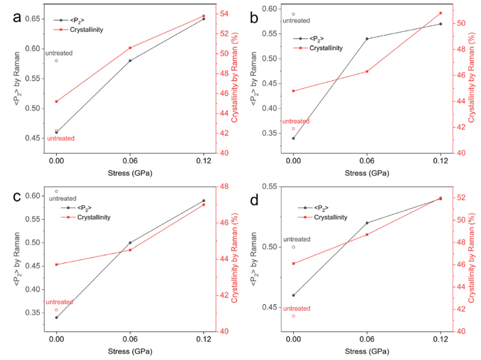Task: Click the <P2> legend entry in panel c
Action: click(85, 208)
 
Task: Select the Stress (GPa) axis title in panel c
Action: click(130, 351)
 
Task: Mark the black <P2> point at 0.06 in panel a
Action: click(130, 61)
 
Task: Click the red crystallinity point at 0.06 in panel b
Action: click(367, 72)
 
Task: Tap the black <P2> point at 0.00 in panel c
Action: click(56, 317)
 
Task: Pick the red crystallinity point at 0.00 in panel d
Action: click(294, 264)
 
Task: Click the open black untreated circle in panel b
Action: click(294, 14)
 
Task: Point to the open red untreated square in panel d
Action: click(294, 316)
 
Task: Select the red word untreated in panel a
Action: click(61, 139)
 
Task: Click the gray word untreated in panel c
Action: click(63, 198)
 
